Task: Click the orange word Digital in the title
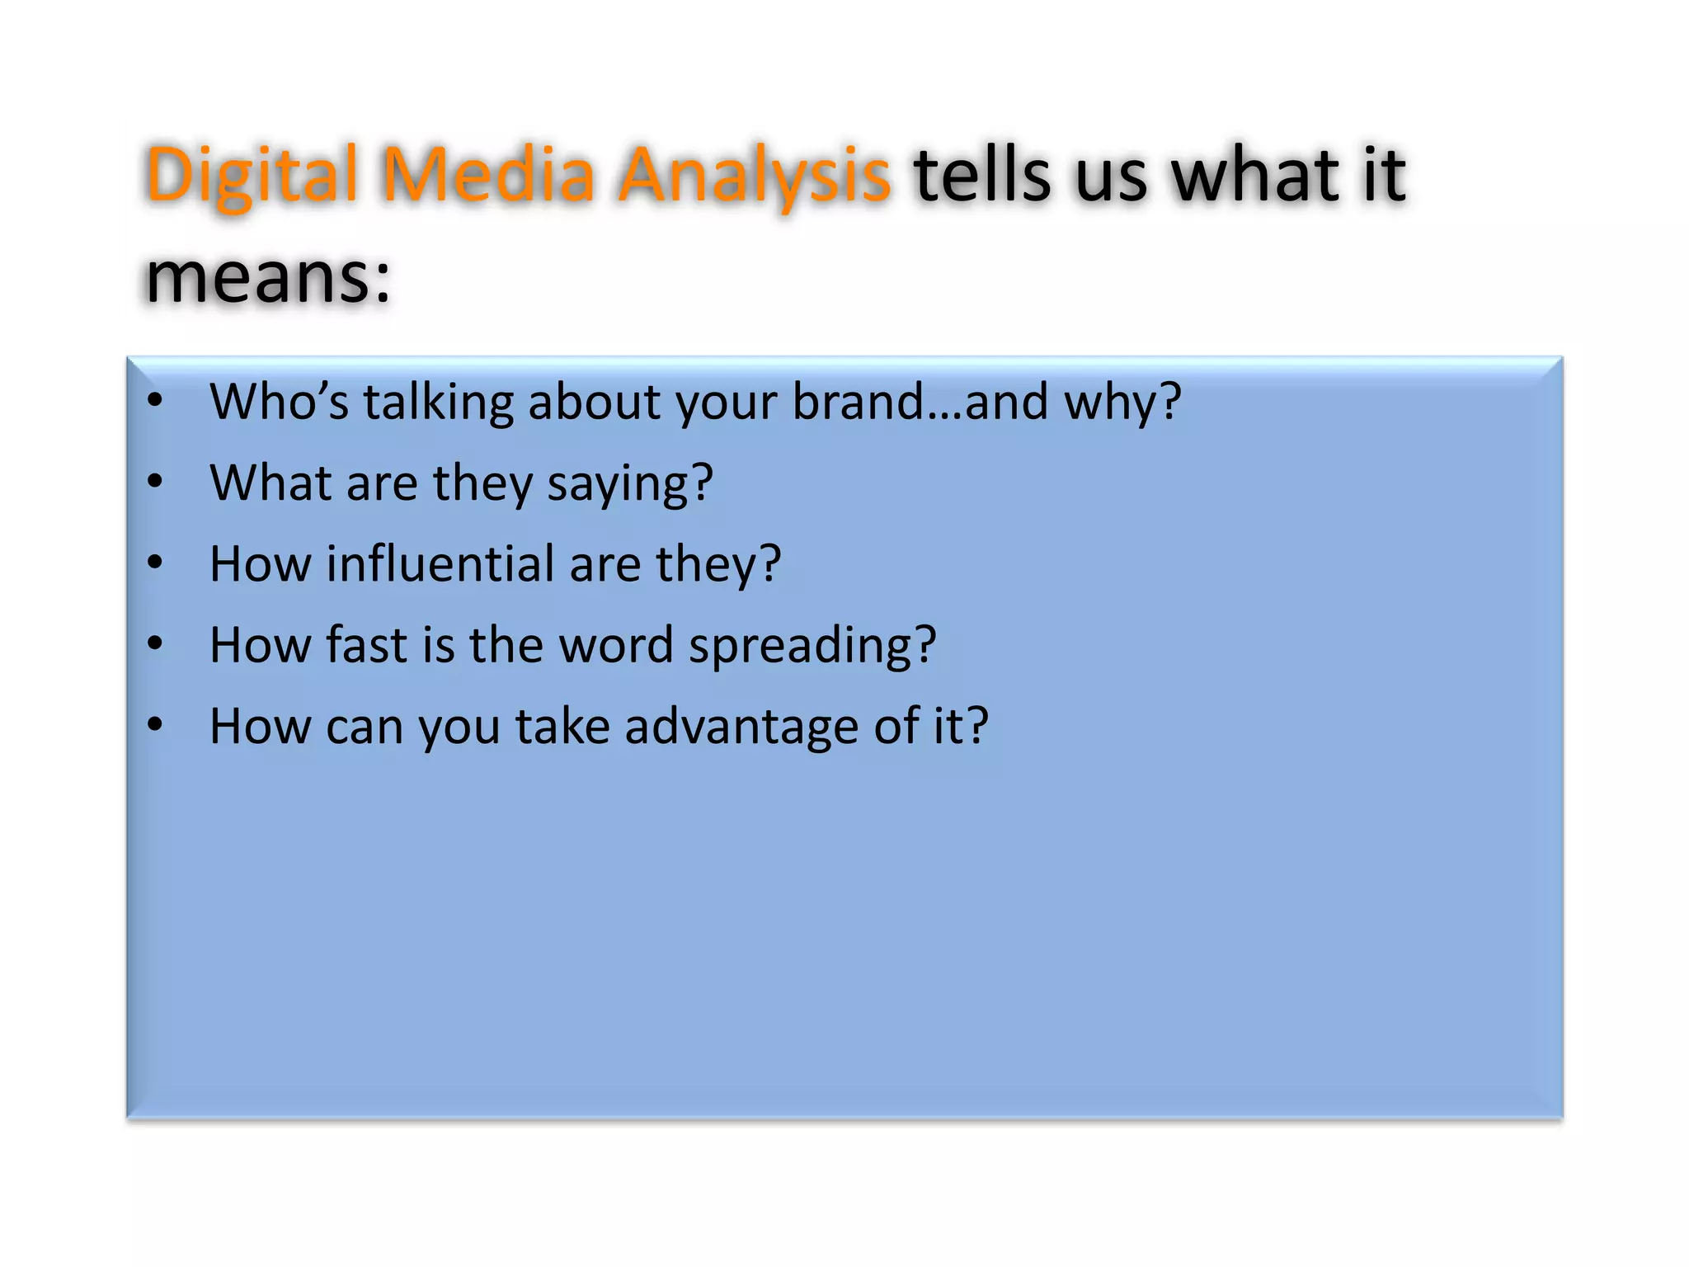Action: (x=252, y=176)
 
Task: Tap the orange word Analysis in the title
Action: (x=755, y=176)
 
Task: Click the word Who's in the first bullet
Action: (x=280, y=402)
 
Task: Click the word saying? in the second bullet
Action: (x=630, y=484)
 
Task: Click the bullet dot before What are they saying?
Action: (x=155, y=481)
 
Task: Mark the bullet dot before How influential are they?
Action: (x=155, y=563)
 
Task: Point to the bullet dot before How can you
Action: (x=155, y=725)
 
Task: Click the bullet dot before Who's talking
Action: (x=155, y=401)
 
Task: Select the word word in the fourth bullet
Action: (x=616, y=645)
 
